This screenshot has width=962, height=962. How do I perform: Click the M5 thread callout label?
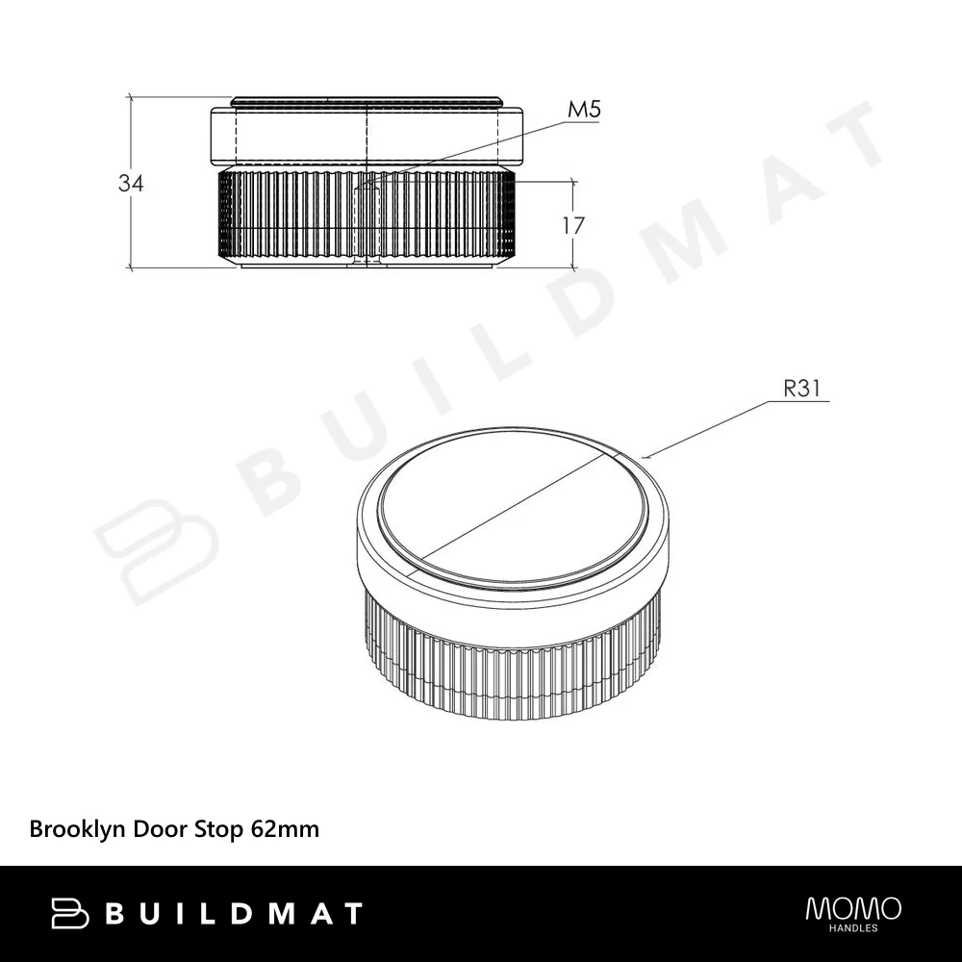(584, 110)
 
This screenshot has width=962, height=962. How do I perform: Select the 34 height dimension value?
(131, 183)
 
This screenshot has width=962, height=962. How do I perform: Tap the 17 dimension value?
(573, 226)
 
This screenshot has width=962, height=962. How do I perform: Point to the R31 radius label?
(802, 389)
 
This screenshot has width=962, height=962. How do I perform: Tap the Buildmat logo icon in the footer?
(70, 913)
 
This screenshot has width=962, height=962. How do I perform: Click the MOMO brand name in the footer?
(853, 909)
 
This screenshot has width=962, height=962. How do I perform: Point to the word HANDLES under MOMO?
(853, 928)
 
